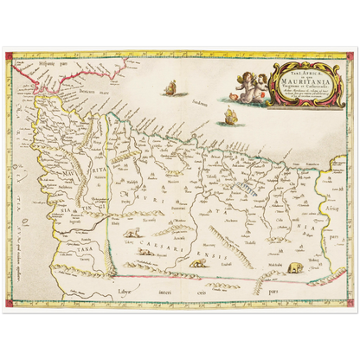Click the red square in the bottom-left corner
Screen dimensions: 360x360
click(10, 304)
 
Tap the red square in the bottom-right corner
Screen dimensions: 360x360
click(349, 304)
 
